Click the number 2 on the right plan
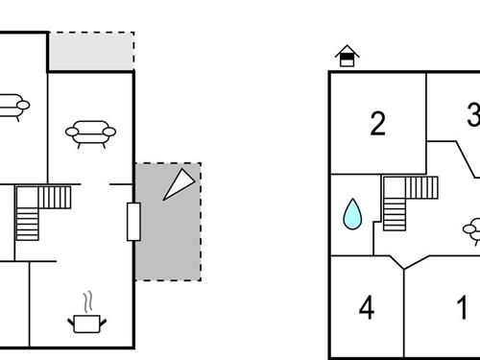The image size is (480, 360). [377, 123]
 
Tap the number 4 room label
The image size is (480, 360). [366, 308]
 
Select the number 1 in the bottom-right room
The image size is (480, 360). [463, 308]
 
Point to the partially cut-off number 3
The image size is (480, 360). [472, 117]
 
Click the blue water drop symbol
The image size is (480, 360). [353, 214]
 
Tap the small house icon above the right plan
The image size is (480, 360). [346, 57]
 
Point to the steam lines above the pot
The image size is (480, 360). [89, 300]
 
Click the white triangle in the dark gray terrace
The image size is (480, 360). [178, 183]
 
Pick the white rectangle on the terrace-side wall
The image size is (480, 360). [133, 222]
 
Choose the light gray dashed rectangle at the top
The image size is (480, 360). [90, 52]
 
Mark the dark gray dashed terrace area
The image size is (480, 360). [168, 240]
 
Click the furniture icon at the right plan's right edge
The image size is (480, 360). [472, 230]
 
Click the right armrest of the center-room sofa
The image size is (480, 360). [108, 132]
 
